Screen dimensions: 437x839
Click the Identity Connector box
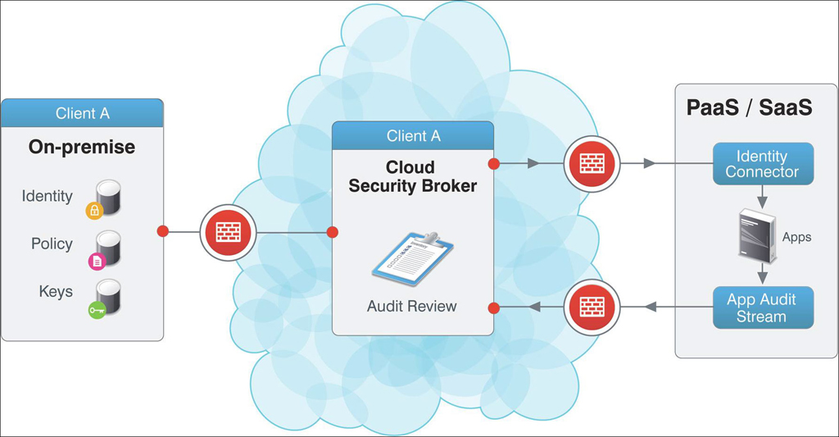pyautogui.click(x=762, y=164)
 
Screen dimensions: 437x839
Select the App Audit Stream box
pyautogui.click(x=762, y=307)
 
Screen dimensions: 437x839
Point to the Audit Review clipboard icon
pyautogui.click(x=410, y=262)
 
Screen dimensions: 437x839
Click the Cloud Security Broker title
pyautogui.click(x=412, y=177)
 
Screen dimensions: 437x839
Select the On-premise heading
pyautogui.click(x=82, y=147)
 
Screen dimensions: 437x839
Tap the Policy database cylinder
pyautogui.click(x=108, y=247)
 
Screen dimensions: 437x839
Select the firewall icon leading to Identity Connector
pyautogui.click(x=592, y=163)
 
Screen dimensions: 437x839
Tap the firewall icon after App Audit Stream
pyautogui.click(x=592, y=307)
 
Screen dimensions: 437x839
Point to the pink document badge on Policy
pyautogui.click(x=97, y=262)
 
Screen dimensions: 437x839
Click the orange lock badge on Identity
pyautogui.click(x=95, y=212)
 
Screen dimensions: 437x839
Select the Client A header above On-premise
pyautogui.click(x=82, y=113)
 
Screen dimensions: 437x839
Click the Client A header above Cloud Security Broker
pyautogui.click(x=413, y=135)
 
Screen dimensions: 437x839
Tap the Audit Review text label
pyautogui.click(x=412, y=307)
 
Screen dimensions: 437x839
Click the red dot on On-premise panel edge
pyautogui.click(x=163, y=232)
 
